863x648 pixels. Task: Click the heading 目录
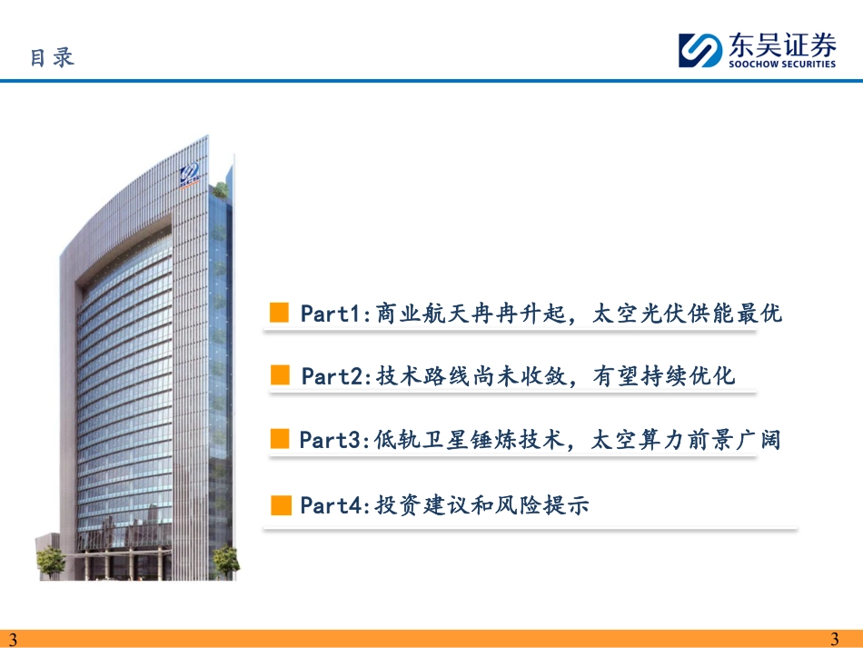pyautogui.click(x=53, y=57)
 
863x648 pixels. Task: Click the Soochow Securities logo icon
pyautogui.click(x=700, y=50)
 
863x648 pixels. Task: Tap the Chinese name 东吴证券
pyautogui.click(x=782, y=45)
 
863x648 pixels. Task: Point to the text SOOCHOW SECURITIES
pyautogui.click(x=782, y=64)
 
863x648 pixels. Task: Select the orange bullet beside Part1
pyautogui.click(x=279, y=312)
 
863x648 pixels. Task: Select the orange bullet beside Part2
pyautogui.click(x=280, y=375)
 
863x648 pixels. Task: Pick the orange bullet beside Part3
pyautogui.click(x=280, y=439)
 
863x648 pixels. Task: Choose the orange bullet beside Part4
pyautogui.click(x=282, y=504)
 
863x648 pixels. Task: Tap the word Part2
pyautogui.click(x=332, y=376)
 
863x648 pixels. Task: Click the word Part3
pyautogui.click(x=329, y=440)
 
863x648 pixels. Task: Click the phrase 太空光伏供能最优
pyautogui.click(x=688, y=314)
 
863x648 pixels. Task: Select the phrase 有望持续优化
pyautogui.click(x=664, y=376)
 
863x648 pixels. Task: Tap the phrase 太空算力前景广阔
pyautogui.click(x=687, y=440)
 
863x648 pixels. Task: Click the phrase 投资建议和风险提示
pyautogui.click(x=482, y=504)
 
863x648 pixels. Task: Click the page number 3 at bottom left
pyautogui.click(x=14, y=639)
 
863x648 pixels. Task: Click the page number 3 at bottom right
pyautogui.click(x=834, y=639)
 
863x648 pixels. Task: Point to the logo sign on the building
pyautogui.click(x=190, y=175)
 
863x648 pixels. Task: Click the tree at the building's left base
pyautogui.click(x=51, y=562)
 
